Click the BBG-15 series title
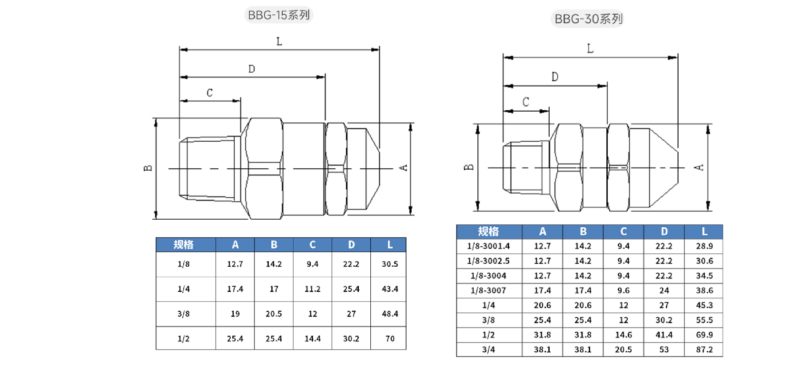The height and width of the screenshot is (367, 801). (x=279, y=15)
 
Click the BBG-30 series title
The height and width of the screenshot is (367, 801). (x=589, y=19)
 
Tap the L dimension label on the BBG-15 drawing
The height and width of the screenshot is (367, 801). (x=279, y=42)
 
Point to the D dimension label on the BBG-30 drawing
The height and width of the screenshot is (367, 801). (x=555, y=77)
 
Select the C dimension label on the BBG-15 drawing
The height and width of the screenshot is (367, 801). (x=209, y=93)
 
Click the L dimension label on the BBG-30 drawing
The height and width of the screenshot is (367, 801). (x=590, y=48)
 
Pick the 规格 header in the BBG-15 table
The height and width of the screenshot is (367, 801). (x=184, y=245)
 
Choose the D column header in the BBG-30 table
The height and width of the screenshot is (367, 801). (x=664, y=232)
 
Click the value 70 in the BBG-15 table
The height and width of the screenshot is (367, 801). (x=390, y=338)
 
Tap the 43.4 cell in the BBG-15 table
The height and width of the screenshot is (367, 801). (x=390, y=289)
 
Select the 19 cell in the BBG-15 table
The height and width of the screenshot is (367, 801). (x=235, y=314)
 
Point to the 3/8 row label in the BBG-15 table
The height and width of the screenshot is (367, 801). (x=184, y=314)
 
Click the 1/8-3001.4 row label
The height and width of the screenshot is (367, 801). (x=488, y=246)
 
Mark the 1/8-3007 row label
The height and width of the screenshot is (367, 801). (x=488, y=290)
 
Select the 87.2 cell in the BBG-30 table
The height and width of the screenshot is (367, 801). (x=704, y=350)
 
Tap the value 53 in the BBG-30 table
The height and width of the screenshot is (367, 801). (x=664, y=350)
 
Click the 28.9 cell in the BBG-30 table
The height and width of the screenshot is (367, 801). (x=704, y=246)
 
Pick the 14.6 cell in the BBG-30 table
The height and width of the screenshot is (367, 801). (x=623, y=335)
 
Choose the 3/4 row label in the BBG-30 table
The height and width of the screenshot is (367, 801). (x=488, y=350)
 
